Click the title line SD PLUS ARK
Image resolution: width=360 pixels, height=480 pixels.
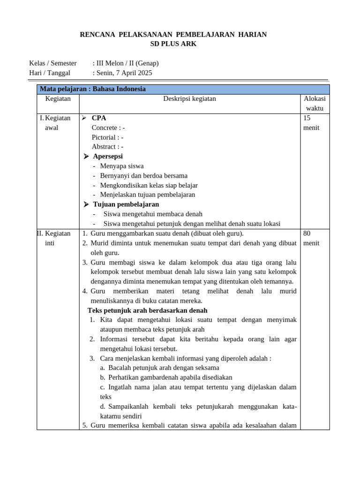click(173, 44)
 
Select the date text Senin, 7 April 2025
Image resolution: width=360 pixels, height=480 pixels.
click(124, 73)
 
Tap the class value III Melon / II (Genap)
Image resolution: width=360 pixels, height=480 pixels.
click(127, 63)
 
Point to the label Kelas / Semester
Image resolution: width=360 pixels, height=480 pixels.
click(53, 63)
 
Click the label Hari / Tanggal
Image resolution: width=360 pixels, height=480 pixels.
click(50, 73)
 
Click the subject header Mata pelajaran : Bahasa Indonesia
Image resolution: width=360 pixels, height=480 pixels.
click(93, 89)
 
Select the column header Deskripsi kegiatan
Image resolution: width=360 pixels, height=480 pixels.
click(189, 99)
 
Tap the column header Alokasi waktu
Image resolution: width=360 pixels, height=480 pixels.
click(315, 104)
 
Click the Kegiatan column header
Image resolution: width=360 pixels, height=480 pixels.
click(58, 99)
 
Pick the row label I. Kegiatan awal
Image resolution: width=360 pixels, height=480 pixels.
click(56, 123)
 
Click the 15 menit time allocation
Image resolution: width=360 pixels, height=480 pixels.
click(311, 123)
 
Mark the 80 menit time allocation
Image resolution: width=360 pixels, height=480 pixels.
click(311, 238)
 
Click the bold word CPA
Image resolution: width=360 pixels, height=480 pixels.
click(99, 118)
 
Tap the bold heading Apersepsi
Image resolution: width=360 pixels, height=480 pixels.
click(108, 156)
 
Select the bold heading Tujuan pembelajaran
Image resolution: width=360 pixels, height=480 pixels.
click(126, 204)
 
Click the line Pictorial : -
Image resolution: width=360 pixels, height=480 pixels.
click(107, 137)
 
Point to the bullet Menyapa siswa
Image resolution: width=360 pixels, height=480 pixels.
click(122, 166)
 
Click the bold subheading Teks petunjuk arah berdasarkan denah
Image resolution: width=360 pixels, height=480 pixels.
click(147, 310)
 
